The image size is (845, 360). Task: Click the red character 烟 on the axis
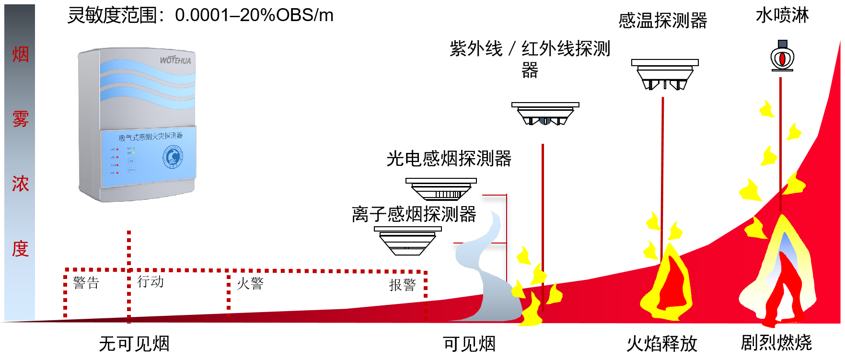tap(20, 55)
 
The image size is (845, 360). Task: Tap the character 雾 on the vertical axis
tap(20, 119)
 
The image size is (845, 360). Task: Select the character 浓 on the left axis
tap(20, 184)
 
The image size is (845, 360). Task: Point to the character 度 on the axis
tap(20, 249)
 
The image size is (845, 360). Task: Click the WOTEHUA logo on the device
tap(175, 60)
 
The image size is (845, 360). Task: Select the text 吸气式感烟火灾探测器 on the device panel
tap(150, 137)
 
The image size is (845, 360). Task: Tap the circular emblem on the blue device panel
tap(173, 157)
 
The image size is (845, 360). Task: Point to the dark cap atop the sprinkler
tap(782, 44)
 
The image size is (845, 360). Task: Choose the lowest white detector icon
tap(407, 241)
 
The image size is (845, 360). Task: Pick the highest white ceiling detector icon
tap(665, 74)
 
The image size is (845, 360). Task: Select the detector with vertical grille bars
tap(441, 189)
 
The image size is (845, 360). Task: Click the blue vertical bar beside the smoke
tap(507, 240)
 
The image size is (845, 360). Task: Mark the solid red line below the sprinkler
tap(780, 144)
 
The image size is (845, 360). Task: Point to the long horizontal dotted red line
tap(288, 271)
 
